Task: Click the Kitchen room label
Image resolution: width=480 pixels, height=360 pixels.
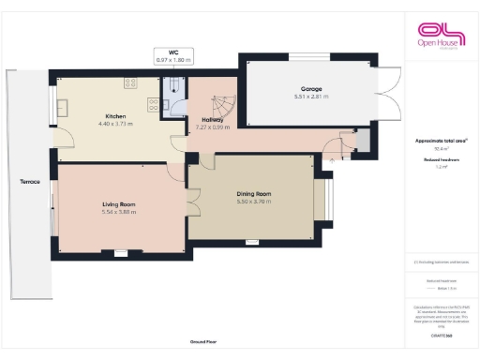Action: (x=115, y=116)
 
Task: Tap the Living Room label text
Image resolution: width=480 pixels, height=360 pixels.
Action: (x=118, y=203)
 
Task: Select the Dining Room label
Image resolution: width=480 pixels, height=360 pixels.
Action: (x=252, y=194)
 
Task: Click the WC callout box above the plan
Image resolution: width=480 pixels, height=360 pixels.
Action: (x=173, y=56)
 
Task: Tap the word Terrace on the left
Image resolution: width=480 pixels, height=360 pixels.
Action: (x=29, y=181)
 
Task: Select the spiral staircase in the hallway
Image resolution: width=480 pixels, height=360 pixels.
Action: (x=225, y=107)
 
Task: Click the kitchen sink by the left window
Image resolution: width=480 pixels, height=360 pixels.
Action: (x=65, y=106)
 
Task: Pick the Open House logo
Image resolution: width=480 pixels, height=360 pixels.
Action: (x=440, y=36)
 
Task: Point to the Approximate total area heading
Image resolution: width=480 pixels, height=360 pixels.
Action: (x=441, y=141)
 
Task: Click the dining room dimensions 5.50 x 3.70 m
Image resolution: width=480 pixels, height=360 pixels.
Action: (x=252, y=202)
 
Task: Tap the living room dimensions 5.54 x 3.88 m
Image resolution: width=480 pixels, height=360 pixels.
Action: (x=118, y=212)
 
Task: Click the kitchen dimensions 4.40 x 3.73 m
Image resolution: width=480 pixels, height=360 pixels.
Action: (x=115, y=124)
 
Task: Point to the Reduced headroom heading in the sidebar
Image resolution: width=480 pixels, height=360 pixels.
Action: (x=440, y=160)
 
